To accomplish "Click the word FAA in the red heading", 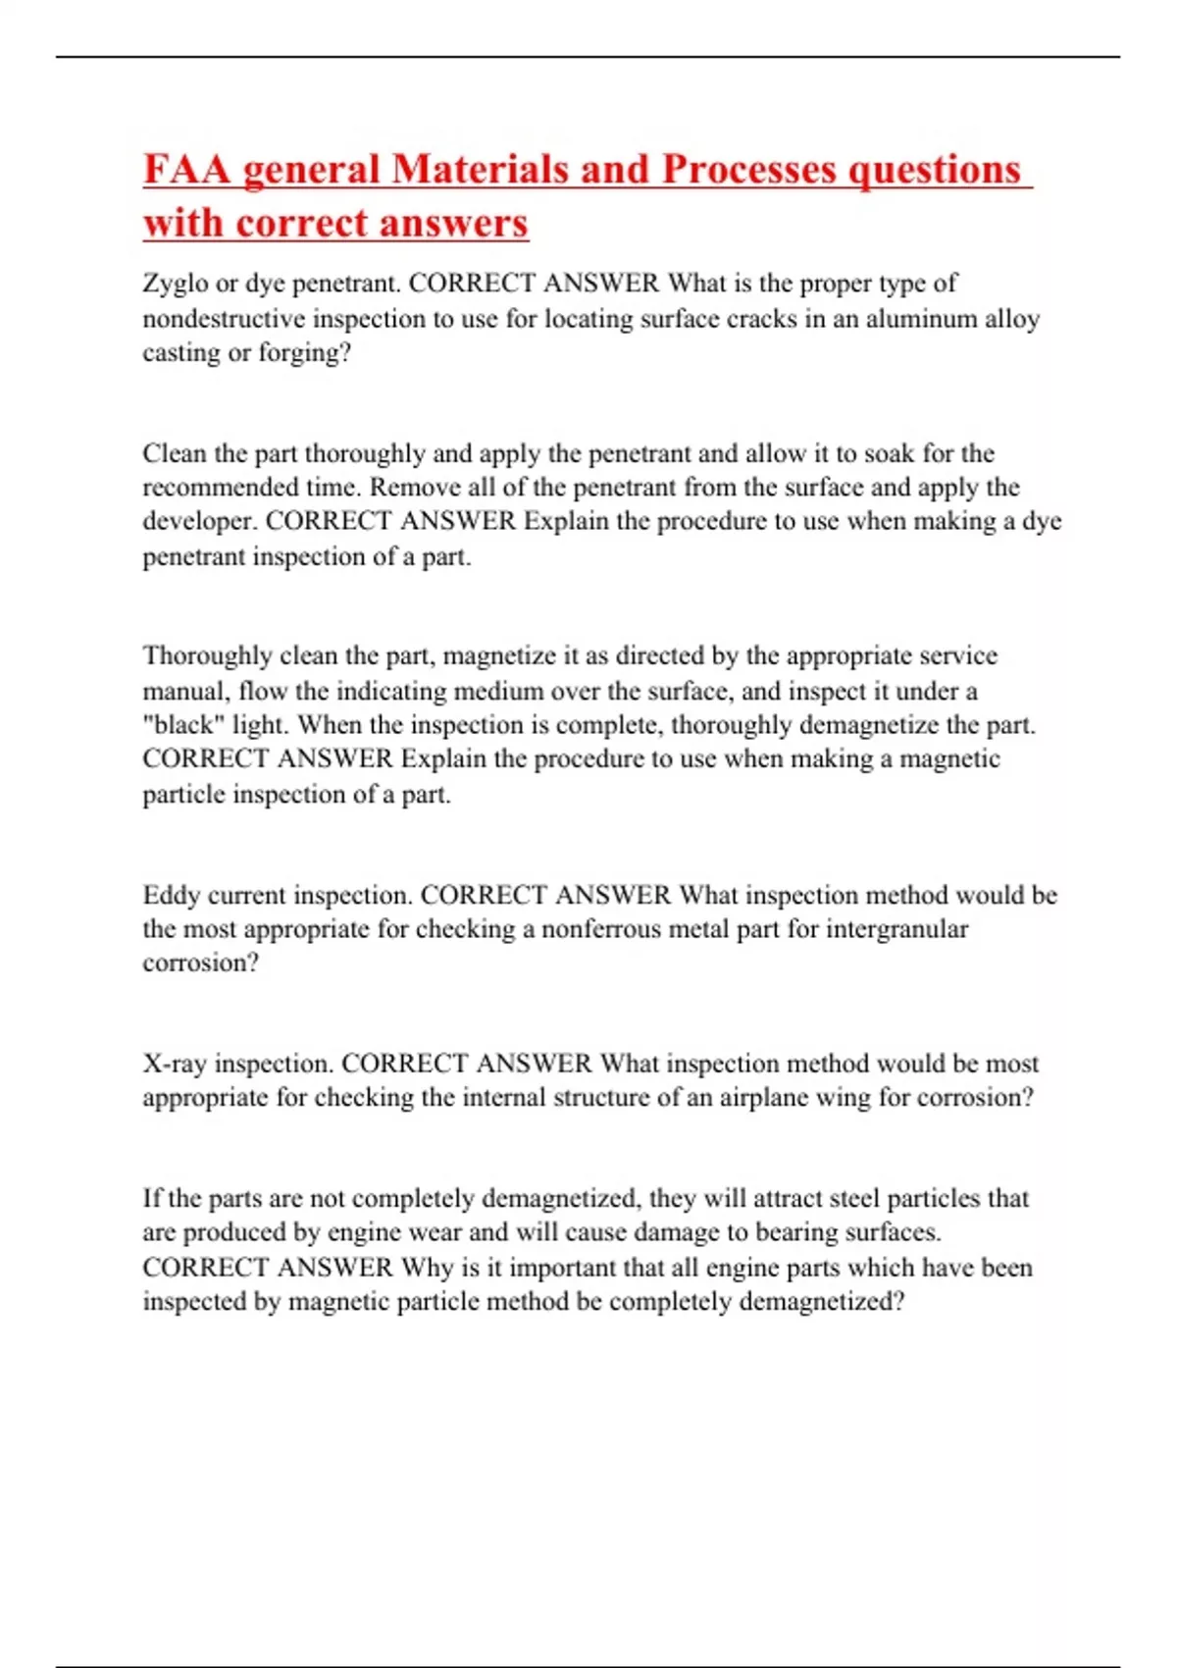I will pyautogui.click(x=186, y=169).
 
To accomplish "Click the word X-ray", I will pyautogui.click(x=175, y=1064).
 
